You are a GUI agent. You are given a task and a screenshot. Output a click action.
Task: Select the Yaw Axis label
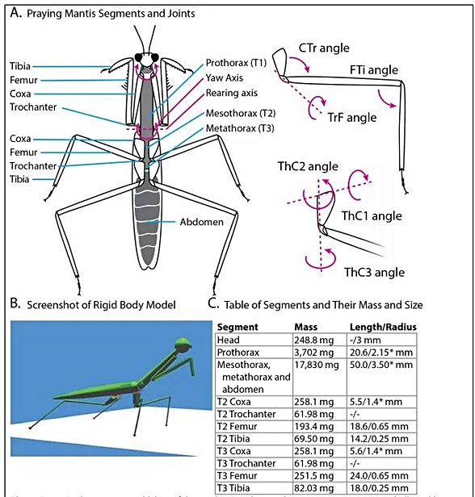(225, 79)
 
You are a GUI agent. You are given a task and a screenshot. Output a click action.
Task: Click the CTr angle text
(323, 48)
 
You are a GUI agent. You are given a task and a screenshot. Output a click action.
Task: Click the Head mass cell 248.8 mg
(310, 340)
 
